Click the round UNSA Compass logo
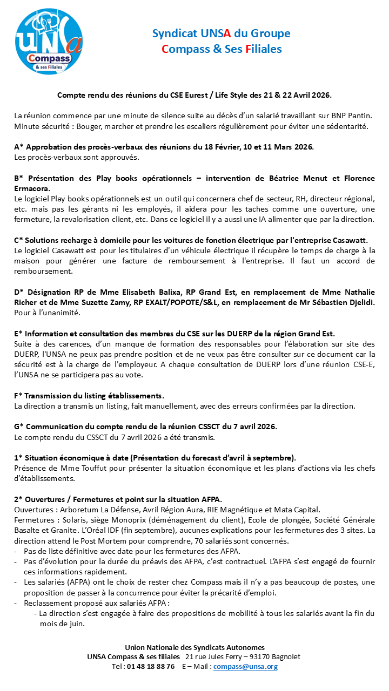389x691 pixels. pyautogui.click(x=48, y=42)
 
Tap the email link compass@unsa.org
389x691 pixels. pyautogui.click(x=245, y=667)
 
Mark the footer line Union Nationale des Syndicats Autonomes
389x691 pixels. pyautogui.click(x=194, y=647)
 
